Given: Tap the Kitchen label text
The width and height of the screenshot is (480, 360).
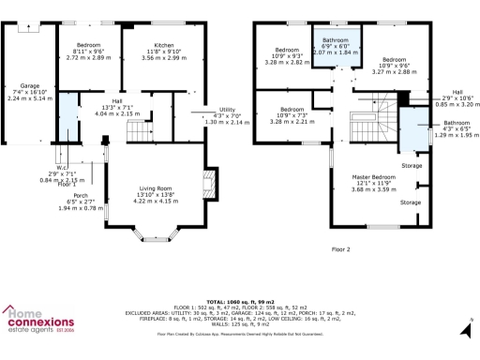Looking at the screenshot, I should click(164, 44).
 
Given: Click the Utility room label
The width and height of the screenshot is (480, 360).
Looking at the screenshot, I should click(227, 110).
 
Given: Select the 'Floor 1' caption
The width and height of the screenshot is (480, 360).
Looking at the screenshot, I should click(67, 184).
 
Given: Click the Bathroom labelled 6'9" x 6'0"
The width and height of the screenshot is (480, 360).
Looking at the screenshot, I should click(336, 40).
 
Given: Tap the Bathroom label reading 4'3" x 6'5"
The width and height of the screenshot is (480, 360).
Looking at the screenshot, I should click(457, 123).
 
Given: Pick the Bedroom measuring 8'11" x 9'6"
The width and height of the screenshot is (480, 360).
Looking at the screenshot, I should click(88, 44).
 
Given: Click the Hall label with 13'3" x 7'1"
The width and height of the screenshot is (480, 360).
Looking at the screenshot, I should click(118, 100).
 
